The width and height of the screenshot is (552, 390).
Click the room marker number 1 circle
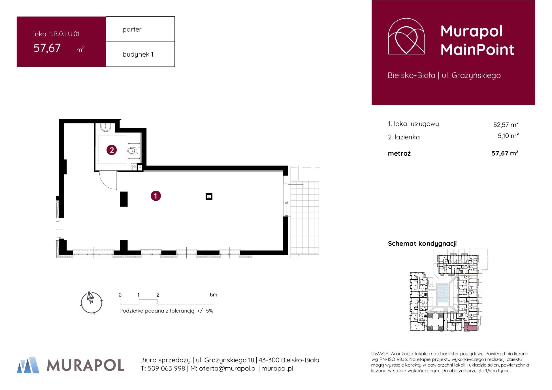click(x=155, y=196)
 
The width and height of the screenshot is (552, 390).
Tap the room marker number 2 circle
click(x=112, y=150)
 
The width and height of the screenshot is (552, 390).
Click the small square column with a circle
click(x=209, y=196)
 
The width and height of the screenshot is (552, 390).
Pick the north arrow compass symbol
click(x=91, y=303)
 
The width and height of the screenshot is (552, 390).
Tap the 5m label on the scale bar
click(x=213, y=295)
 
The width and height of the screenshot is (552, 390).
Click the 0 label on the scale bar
click(x=120, y=295)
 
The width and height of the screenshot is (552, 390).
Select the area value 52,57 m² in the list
click(x=506, y=125)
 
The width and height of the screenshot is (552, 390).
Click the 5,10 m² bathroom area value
click(x=508, y=136)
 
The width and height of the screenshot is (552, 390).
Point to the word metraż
click(x=399, y=153)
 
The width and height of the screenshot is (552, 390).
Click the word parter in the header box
click(x=132, y=29)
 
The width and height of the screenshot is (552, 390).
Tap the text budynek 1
click(x=138, y=54)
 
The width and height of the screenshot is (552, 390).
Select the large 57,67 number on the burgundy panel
click(x=47, y=48)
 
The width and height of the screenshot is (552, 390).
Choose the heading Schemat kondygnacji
click(x=422, y=243)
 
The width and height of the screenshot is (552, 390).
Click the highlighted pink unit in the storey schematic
click(x=471, y=327)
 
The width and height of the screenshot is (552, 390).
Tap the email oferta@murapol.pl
click(x=227, y=368)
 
